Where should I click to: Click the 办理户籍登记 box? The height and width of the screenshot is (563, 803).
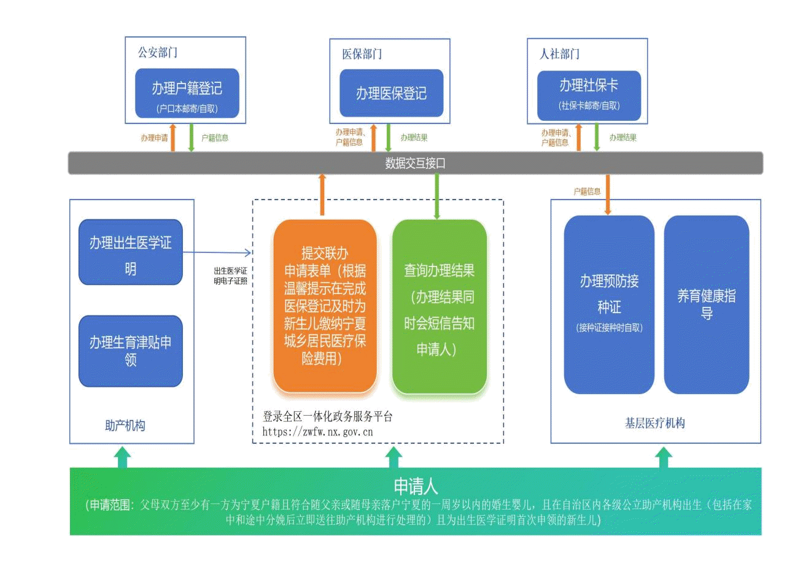coord(187,93)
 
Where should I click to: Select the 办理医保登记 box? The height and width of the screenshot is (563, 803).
coord(391,93)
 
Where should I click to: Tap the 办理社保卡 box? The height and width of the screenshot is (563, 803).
coord(589,93)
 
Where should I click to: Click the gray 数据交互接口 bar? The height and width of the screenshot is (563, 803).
coord(415,163)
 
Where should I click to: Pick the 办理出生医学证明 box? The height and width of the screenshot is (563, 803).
coord(131,252)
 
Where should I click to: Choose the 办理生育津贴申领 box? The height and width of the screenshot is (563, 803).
coord(131,350)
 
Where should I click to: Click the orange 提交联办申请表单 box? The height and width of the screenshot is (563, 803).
coord(325,306)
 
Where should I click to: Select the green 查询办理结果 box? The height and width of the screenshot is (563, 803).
coord(439,306)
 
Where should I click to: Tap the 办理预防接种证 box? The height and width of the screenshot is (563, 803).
coord(609,304)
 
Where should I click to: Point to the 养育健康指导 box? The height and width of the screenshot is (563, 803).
coord(707,304)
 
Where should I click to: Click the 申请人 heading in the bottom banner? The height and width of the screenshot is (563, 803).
coord(416,486)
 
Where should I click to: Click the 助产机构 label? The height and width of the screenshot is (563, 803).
coord(125,425)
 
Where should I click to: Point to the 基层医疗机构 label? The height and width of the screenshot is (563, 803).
coord(654,424)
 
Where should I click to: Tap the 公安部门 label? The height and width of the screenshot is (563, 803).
coord(157,53)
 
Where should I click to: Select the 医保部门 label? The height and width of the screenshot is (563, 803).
coord(362,54)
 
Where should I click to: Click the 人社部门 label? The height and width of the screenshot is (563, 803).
coord(559,54)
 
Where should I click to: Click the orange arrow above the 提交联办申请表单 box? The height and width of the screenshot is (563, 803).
coord(322,195)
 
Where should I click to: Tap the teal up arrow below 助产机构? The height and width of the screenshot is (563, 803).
coord(123,456)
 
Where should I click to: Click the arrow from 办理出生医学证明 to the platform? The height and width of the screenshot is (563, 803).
coord(218,252)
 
